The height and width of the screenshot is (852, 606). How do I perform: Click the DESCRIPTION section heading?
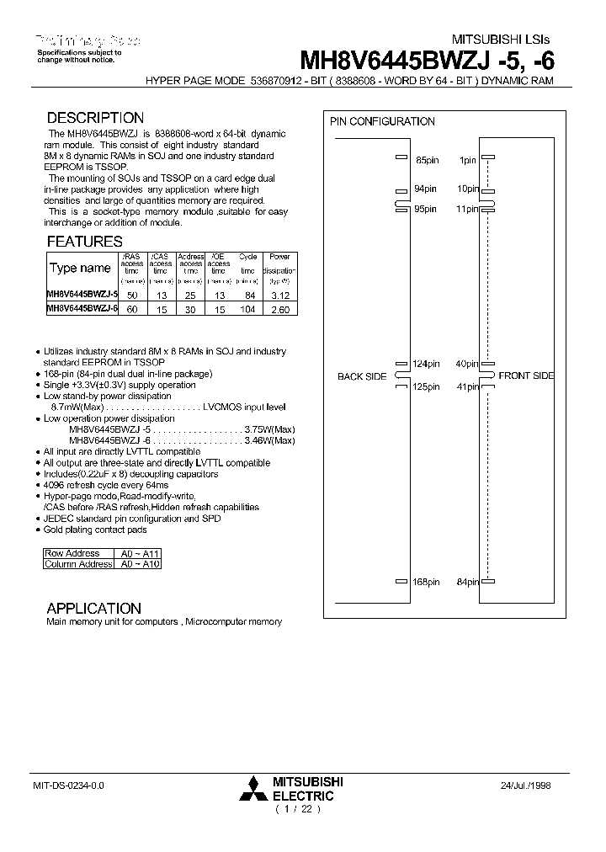95,119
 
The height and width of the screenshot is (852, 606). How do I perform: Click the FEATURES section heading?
84,242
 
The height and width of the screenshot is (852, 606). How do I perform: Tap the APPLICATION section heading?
93,608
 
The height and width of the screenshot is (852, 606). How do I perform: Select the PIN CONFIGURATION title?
382,121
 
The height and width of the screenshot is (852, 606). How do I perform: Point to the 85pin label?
427,159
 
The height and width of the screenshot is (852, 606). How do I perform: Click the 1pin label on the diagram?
467,159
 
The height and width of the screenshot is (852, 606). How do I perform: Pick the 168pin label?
425,582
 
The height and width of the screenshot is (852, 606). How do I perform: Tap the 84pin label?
467,582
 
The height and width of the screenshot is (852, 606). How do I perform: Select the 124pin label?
425,364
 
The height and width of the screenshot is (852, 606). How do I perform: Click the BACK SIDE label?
361,376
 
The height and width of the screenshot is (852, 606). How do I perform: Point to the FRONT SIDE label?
526,375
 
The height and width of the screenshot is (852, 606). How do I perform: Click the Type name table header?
80,269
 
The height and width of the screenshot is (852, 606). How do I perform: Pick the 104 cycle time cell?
247,310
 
